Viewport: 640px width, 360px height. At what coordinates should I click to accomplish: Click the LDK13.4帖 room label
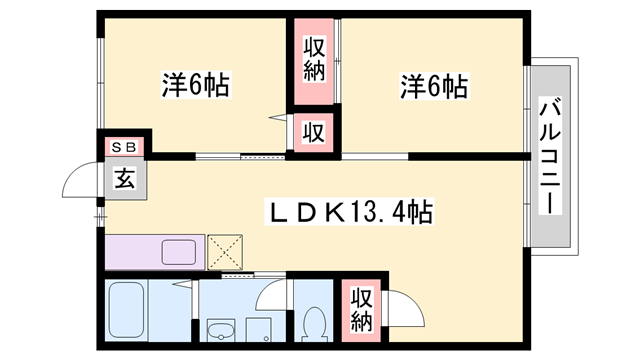[x=349, y=211]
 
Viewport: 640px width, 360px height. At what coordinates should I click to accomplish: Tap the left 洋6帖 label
[x=196, y=85]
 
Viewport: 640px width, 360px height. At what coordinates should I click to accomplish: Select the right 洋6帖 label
[x=434, y=86]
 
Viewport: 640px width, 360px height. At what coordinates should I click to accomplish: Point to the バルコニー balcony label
[x=550, y=156]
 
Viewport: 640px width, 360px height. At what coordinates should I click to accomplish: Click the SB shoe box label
[x=124, y=147]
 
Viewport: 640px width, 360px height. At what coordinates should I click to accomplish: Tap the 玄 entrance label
[x=125, y=179]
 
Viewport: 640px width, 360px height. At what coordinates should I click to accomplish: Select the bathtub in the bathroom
[x=126, y=310]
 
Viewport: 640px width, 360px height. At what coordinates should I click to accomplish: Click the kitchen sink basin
[x=179, y=252]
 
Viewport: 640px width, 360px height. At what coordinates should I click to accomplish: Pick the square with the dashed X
[x=225, y=252]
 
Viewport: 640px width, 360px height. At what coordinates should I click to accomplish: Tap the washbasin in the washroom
[x=221, y=330]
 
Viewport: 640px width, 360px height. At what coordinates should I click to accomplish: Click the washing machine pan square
[x=259, y=330]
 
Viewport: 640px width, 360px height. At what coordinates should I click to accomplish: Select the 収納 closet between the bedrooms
[x=314, y=60]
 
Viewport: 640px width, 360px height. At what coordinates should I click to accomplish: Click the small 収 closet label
[x=313, y=133]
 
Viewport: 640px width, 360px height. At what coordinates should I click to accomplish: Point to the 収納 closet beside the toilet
[x=362, y=309]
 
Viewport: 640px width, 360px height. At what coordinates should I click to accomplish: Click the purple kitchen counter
[x=155, y=252]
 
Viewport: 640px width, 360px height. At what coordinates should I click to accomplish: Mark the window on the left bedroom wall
[x=100, y=84]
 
